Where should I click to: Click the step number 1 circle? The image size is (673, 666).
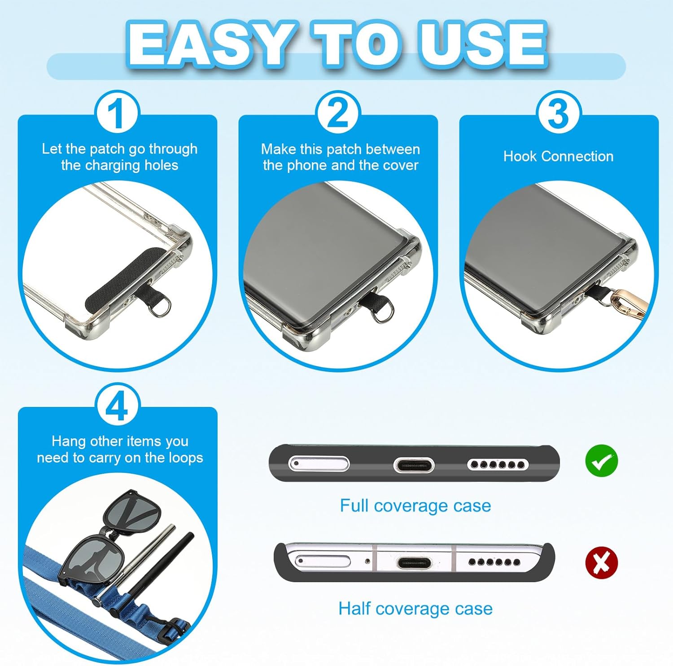(118, 112)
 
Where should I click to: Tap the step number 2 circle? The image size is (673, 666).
(338, 112)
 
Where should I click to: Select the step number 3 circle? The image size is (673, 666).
(559, 112)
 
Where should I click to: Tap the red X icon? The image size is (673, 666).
(602, 563)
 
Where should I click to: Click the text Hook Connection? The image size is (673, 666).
(558, 156)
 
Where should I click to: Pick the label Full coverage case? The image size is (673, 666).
(415, 506)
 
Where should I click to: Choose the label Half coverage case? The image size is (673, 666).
(415, 609)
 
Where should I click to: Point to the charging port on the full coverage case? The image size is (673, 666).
(414, 465)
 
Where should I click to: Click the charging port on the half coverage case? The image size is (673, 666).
(414, 562)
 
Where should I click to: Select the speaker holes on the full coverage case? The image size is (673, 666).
(498, 465)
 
